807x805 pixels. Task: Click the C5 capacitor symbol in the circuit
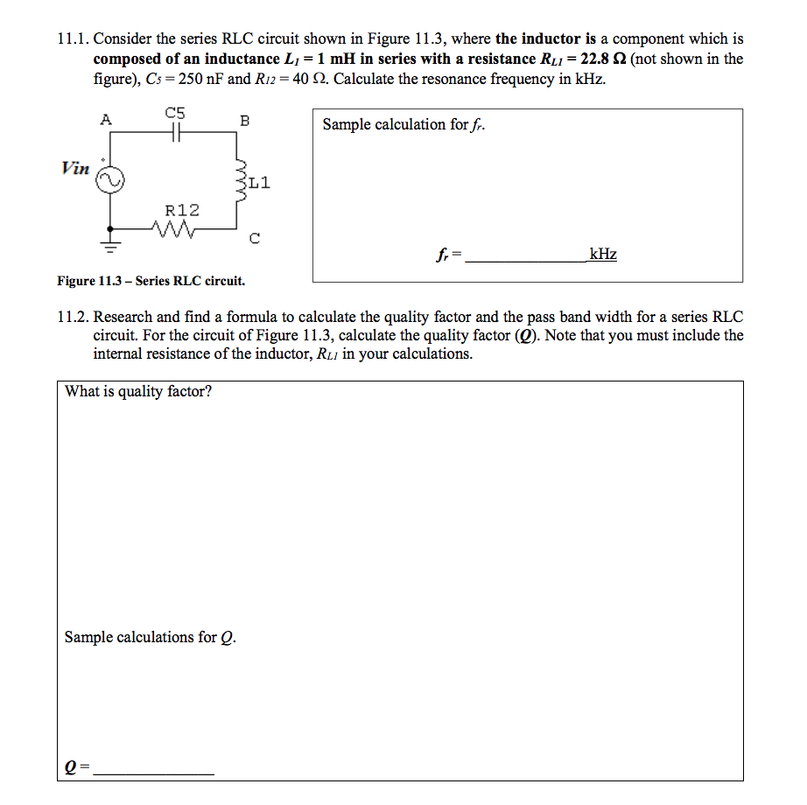point(175,132)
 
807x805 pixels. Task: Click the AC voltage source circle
point(110,179)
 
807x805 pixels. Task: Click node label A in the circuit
point(106,121)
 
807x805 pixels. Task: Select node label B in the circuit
point(244,121)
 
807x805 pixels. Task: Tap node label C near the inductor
point(254,239)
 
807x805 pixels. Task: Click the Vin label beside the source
point(75,167)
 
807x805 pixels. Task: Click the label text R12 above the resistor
point(182,210)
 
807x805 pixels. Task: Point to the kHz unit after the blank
point(602,255)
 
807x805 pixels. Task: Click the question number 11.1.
point(73,39)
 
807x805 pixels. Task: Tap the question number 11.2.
point(73,318)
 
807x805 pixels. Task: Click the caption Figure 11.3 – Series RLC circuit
point(151,281)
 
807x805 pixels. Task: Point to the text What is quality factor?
point(138,391)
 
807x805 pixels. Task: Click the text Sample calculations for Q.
point(150,637)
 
